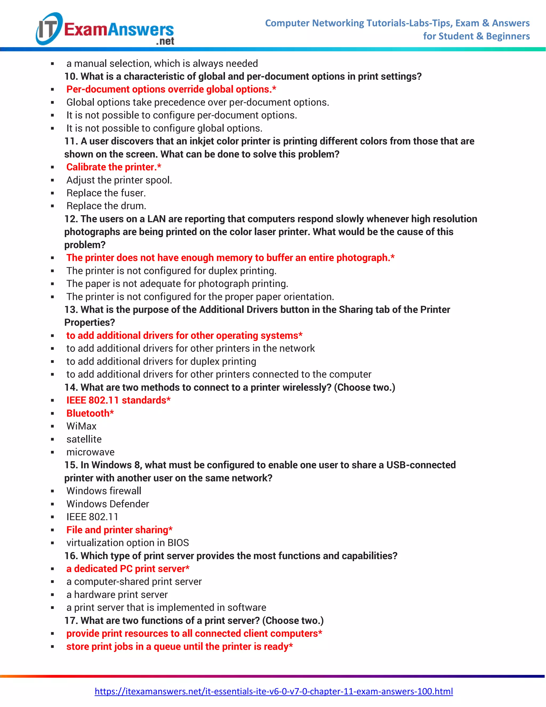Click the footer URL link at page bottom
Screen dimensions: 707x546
pos(274,692)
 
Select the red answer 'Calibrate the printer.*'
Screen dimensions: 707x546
pos(114,167)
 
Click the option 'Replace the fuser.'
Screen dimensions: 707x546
pos(106,193)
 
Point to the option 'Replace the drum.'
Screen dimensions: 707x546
pos(106,206)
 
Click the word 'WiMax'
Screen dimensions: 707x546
pos(81,426)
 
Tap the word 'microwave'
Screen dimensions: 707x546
pos(90,452)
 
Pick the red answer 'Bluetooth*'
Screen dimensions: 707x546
pos(90,413)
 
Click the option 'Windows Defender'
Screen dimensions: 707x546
pos(107,504)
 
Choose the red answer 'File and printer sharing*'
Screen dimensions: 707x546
pos(119,530)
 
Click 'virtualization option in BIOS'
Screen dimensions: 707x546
pos(127,543)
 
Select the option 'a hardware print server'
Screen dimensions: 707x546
pos(117,594)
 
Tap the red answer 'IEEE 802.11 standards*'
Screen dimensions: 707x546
pos(118,400)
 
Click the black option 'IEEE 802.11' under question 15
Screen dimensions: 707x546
pos(92,517)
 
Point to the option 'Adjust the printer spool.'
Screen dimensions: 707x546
pos(119,180)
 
